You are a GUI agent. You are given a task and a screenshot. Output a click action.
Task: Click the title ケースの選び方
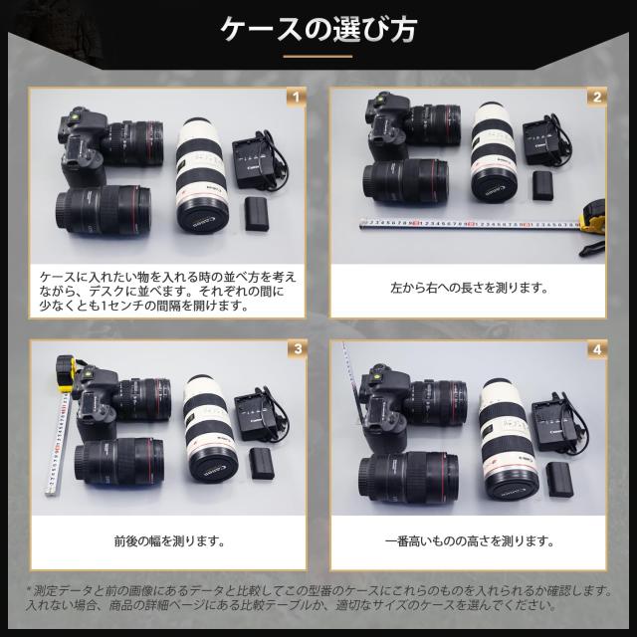pos(318,30)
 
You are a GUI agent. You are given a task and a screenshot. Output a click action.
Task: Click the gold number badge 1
pos(294,97)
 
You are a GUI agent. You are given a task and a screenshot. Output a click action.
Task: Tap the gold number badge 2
pos(596,97)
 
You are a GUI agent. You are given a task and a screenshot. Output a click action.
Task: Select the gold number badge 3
pos(294,349)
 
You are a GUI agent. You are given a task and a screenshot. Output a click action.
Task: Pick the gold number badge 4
pos(596,349)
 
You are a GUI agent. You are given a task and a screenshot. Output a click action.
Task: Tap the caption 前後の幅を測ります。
pos(168,543)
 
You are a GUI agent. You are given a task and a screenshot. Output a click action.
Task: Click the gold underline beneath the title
pos(318,58)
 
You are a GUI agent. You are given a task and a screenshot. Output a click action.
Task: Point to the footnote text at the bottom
pos(318,597)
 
